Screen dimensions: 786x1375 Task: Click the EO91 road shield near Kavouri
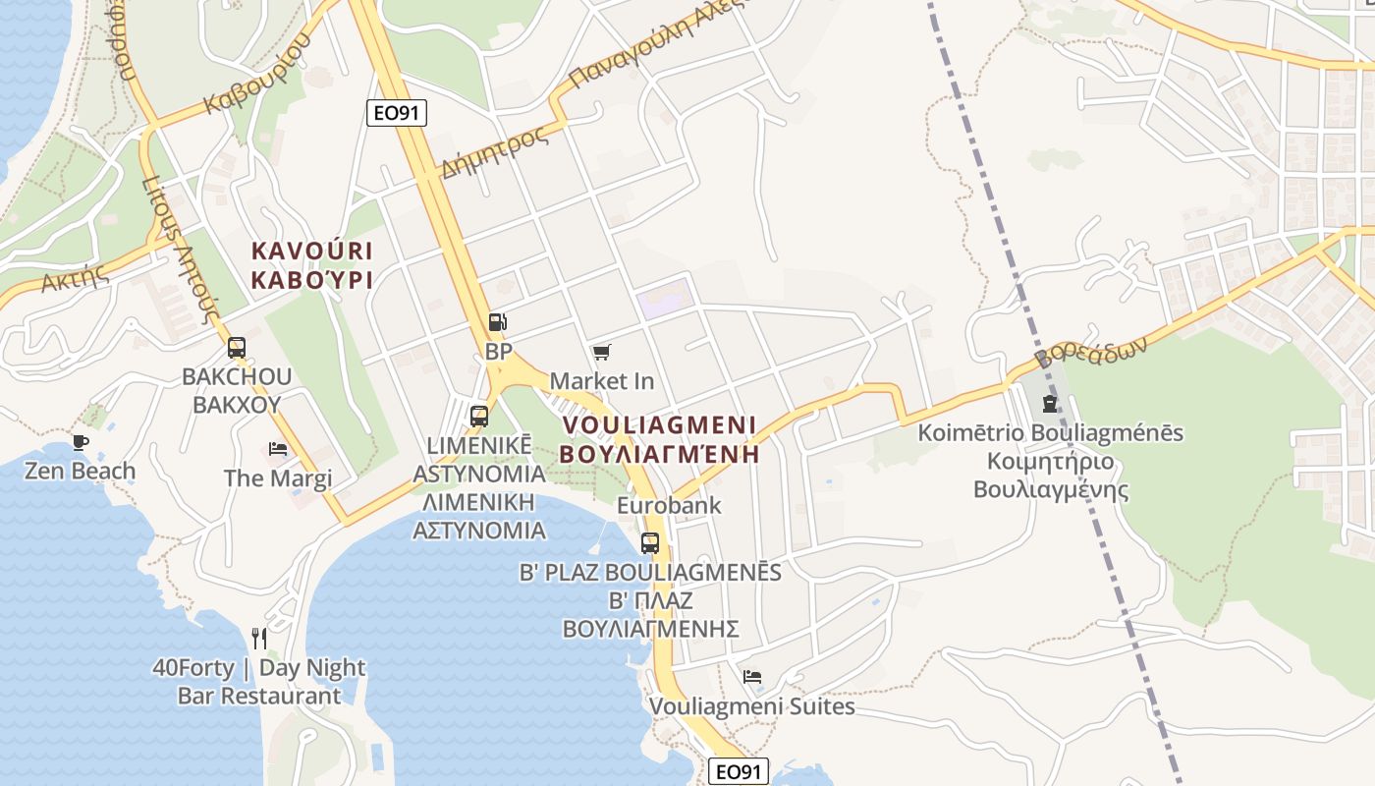click(x=397, y=113)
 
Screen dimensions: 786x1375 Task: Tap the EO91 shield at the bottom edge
click(x=738, y=771)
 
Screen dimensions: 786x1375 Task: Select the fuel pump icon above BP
click(x=498, y=322)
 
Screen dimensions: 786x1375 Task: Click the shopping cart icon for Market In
click(x=601, y=352)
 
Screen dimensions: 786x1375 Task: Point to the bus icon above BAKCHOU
click(x=237, y=347)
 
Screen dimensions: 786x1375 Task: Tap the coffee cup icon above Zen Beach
click(x=81, y=442)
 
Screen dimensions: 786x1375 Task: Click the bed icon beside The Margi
click(x=278, y=449)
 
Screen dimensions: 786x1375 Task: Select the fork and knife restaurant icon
click(x=259, y=639)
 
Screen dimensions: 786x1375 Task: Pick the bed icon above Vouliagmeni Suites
click(x=752, y=677)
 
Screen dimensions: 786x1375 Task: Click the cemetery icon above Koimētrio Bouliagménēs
click(x=1050, y=404)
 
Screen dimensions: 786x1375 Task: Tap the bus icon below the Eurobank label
click(x=650, y=542)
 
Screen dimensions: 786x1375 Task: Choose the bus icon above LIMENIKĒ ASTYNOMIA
click(x=479, y=416)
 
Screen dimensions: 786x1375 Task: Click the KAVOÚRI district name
click(x=311, y=251)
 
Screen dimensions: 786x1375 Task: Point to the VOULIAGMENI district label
click(x=660, y=426)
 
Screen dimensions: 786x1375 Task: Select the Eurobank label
click(x=669, y=506)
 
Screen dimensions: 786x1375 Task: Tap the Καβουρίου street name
click(x=256, y=74)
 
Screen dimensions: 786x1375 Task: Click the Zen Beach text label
click(x=81, y=471)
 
